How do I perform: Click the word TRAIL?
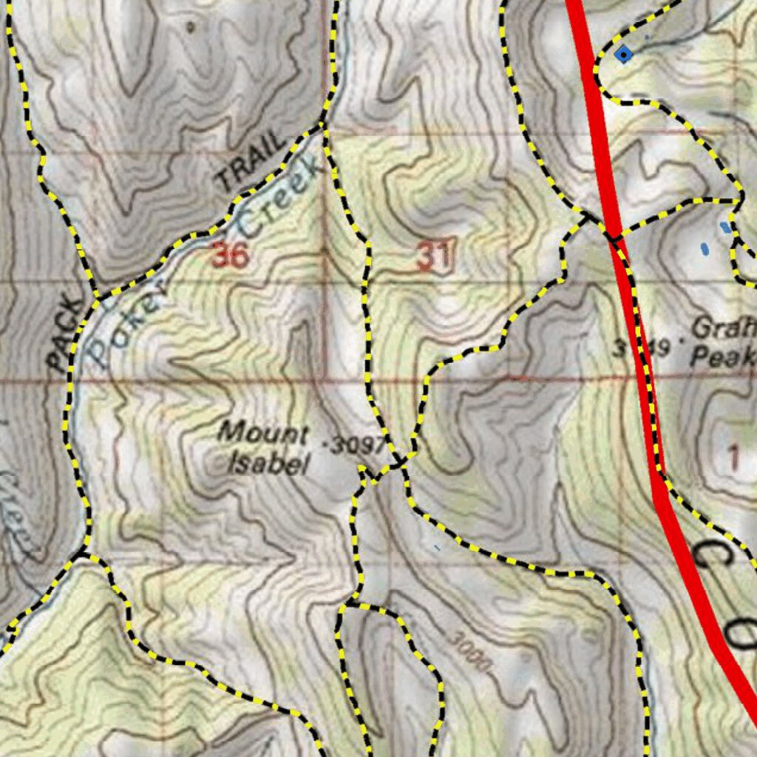[250, 160]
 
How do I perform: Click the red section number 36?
[230, 256]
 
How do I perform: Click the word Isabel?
[267, 464]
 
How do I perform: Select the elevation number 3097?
[356, 445]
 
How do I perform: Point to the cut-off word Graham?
[725, 326]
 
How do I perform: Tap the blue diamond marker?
[625, 54]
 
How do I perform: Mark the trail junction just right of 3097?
[399, 463]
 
